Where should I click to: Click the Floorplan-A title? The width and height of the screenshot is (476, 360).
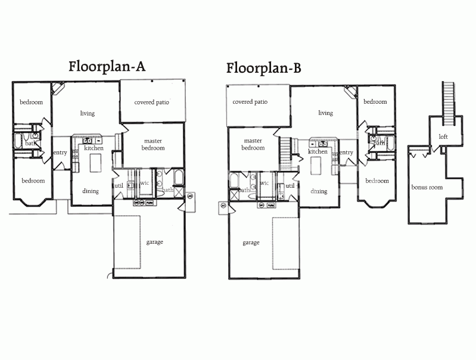[107, 67]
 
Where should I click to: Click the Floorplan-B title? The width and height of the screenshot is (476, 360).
[263, 68]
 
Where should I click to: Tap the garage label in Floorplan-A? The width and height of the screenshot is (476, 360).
[154, 242]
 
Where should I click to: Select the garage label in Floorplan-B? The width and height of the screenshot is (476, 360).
[251, 243]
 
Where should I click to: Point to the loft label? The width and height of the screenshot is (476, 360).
[443, 136]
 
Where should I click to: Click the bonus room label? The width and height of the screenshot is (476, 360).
[427, 187]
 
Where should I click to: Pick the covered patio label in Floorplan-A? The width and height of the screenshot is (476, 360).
[151, 103]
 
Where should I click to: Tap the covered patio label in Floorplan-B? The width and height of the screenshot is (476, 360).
[250, 102]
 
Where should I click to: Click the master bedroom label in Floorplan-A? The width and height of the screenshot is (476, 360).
[153, 145]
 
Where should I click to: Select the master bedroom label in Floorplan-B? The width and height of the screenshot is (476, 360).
[253, 144]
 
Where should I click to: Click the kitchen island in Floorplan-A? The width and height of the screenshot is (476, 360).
[95, 163]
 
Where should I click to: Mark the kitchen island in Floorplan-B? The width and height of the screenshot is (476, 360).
[316, 166]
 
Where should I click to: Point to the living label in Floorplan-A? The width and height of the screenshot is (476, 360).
[88, 113]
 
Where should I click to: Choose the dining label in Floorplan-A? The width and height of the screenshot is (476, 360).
[91, 191]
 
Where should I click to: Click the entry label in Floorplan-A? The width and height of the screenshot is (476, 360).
[60, 153]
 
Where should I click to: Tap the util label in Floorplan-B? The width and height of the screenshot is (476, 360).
[290, 185]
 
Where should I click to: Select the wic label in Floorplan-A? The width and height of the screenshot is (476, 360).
[145, 183]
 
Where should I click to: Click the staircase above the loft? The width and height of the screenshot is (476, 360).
[449, 104]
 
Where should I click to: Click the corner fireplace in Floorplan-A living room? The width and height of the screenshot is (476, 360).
[58, 88]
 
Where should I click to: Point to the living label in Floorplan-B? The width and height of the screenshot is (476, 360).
[325, 113]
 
